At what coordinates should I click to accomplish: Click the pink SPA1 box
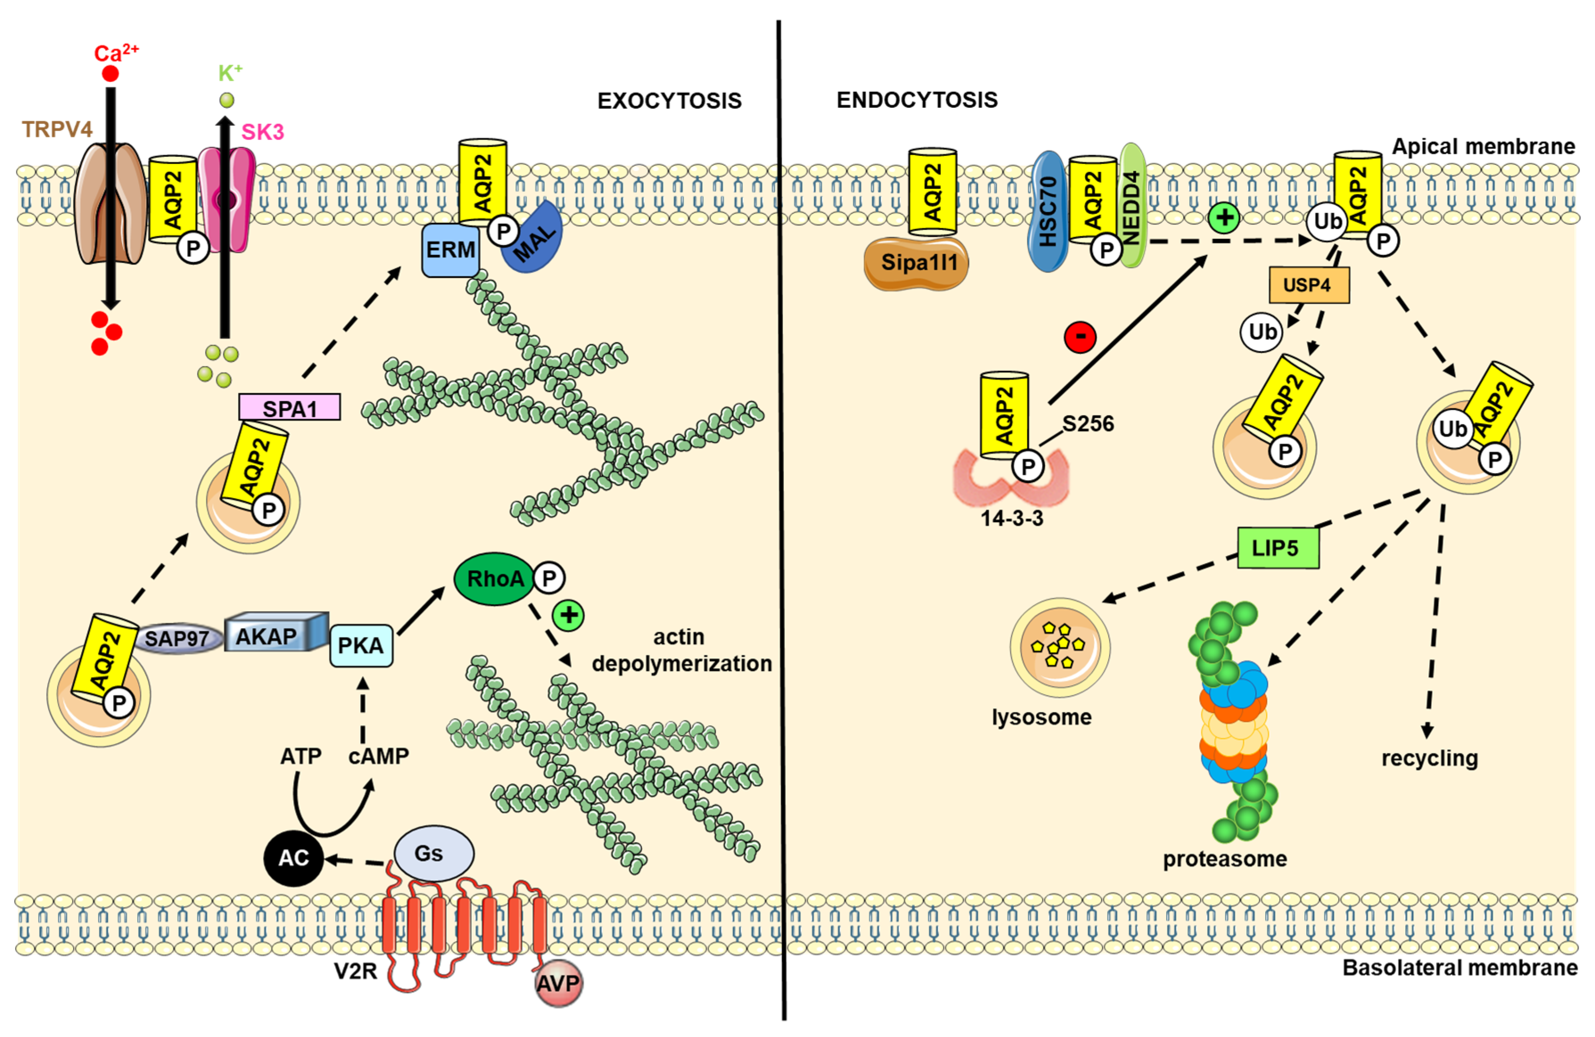click(x=290, y=407)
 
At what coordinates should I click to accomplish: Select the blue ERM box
click(x=451, y=250)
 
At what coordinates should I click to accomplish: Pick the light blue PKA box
click(x=361, y=645)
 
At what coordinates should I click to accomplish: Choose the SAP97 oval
click(x=178, y=638)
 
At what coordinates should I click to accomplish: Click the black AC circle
click(x=294, y=857)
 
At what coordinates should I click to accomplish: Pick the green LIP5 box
click(x=1278, y=548)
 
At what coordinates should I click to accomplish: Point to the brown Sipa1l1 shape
click(x=916, y=263)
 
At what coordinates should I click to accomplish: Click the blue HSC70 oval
click(x=1047, y=211)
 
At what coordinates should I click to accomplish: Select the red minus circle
click(x=1080, y=337)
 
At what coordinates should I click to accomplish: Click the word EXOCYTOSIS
click(x=669, y=101)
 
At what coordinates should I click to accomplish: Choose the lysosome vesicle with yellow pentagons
click(x=1060, y=647)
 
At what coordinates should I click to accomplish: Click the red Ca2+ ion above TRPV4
click(x=111, y=73)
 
